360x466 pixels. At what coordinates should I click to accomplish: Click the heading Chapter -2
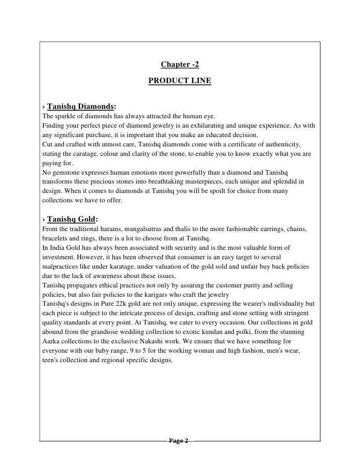tap(180, 65)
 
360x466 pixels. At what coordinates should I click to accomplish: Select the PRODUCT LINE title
tap(180, 80)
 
